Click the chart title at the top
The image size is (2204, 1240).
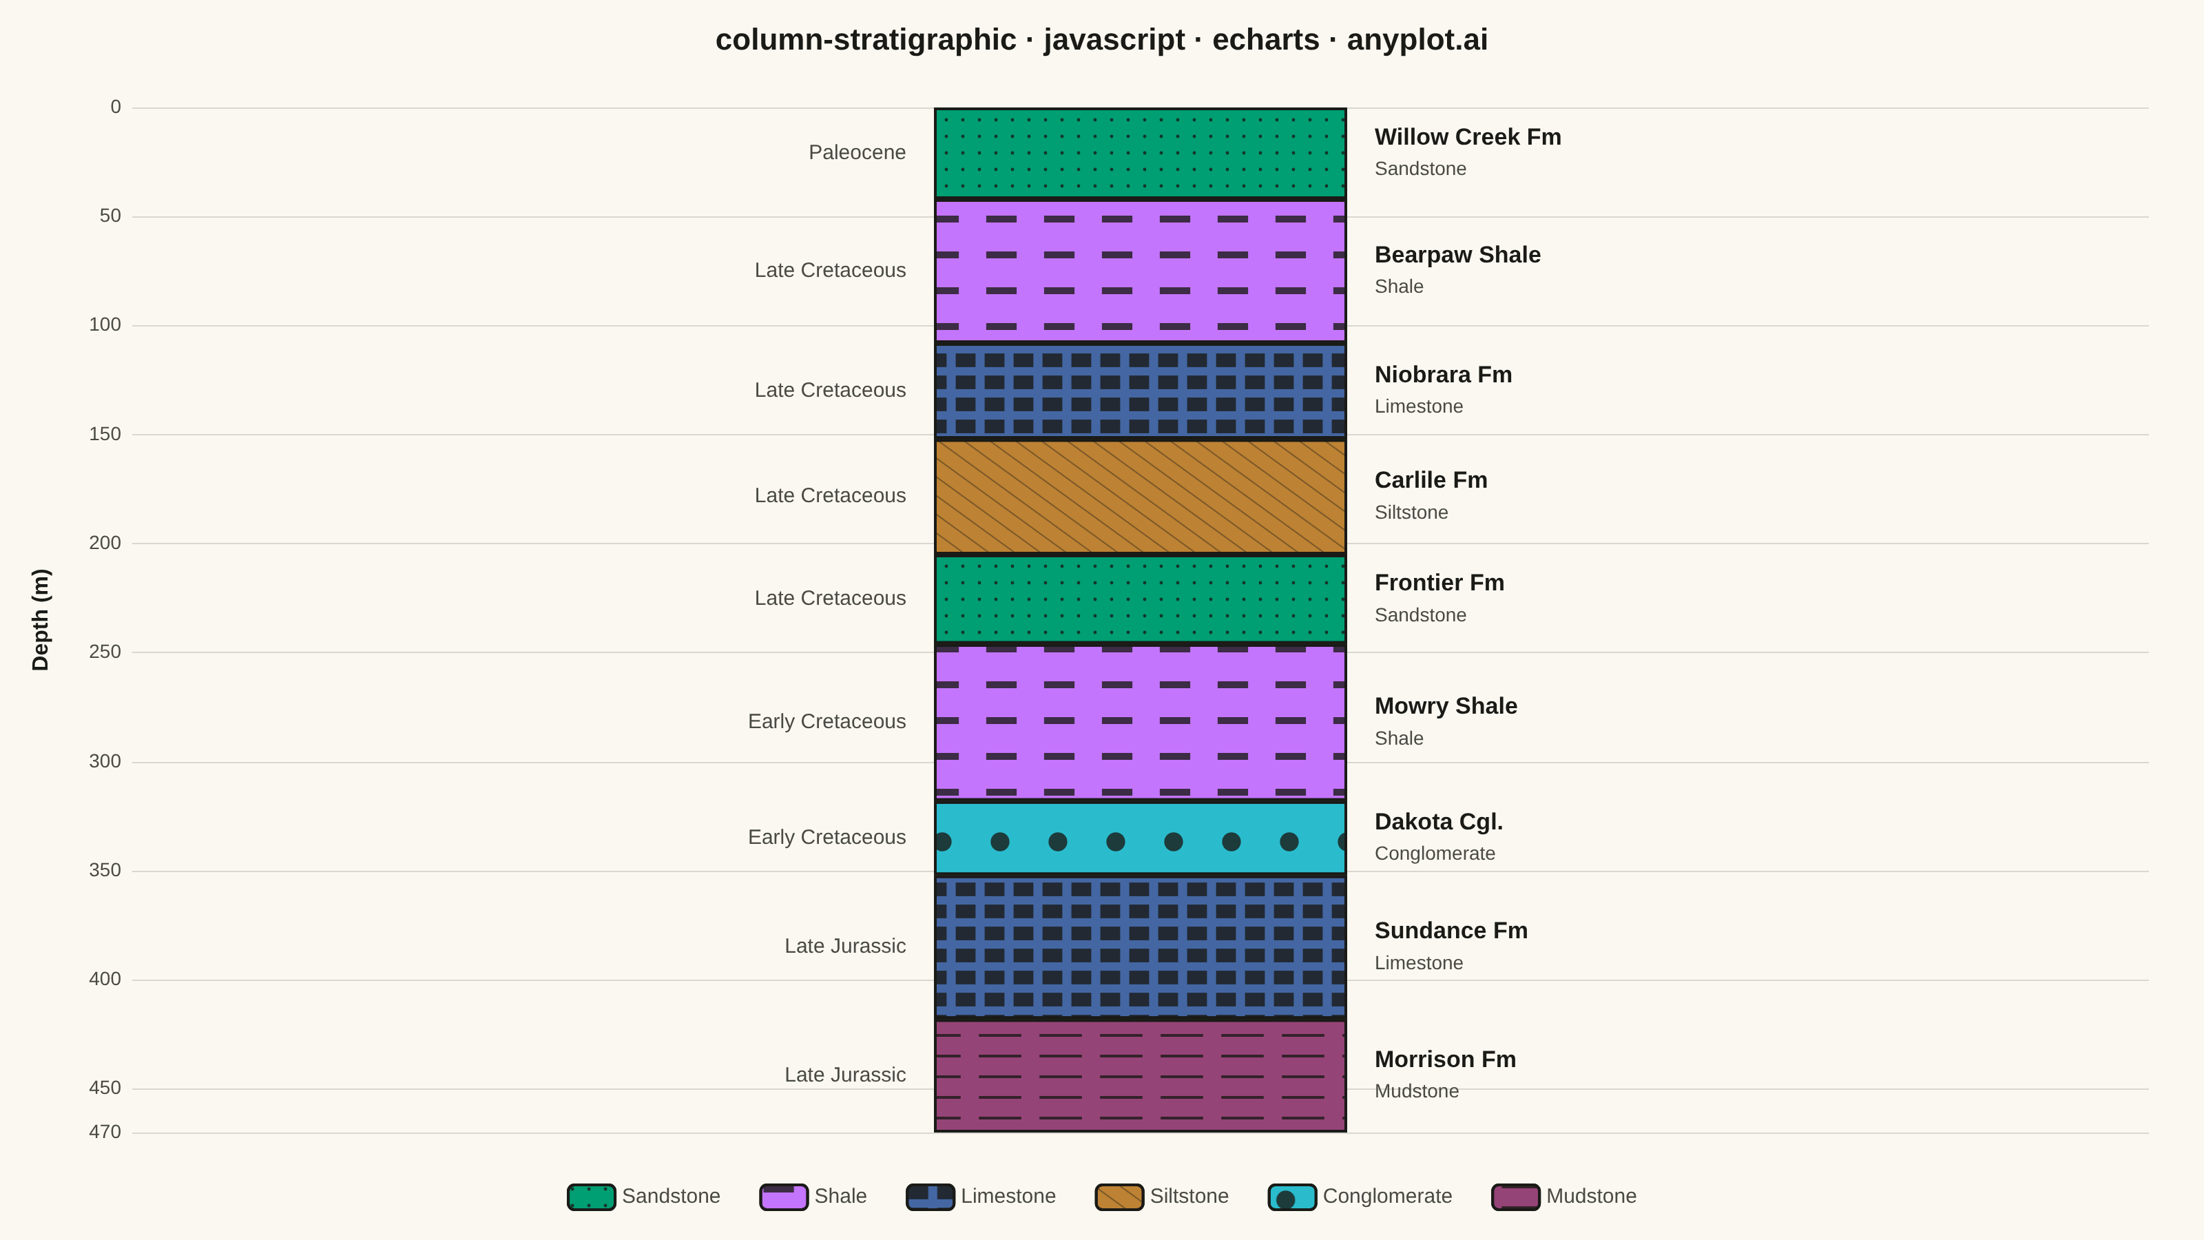(x=1101, y=40)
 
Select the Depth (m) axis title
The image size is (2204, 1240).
(x=40, y=619)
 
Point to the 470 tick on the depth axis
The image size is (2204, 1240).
(x=105, y=1132)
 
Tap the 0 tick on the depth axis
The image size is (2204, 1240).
(x=116, y=107)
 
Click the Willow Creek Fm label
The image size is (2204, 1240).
(x=1467, y=137)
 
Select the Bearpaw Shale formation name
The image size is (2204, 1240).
(x=1457, y=255)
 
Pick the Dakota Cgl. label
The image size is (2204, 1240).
(x=1438, y=822)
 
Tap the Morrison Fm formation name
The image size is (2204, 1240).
(x=1445, y=1060)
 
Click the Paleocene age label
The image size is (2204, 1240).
(x=857, y=152)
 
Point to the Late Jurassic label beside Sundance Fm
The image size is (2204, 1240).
(x=845, y=946)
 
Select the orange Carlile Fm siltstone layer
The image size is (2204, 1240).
(x=1141, y=496)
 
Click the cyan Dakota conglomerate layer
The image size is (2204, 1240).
(x=1141, y=838)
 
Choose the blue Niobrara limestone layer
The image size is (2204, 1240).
(x=1141, y=390)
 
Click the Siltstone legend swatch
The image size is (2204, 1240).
(x=1119, y=1197)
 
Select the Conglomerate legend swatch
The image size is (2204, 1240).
(x=1292, y=1197)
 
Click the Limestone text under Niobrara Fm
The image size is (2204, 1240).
(x=1419, y=406)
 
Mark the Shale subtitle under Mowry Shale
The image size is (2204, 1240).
(x=1399, y=738)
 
